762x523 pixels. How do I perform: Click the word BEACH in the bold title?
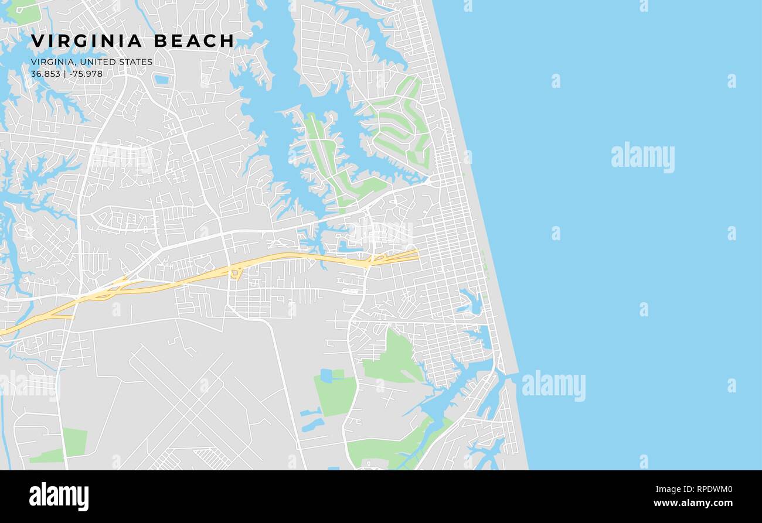[x=194, y=41]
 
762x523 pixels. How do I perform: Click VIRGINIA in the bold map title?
[x=87, y=41]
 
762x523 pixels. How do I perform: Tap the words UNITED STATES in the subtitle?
[x=116, y=62]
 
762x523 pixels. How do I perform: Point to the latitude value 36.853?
[x=45, y=74]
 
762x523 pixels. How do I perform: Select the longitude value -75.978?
[x=86, y=74]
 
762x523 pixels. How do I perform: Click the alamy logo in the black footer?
[x=59, y=495]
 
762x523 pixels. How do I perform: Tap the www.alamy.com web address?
[x=692, y=503]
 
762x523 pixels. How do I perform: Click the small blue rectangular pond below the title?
[x=162, y=79]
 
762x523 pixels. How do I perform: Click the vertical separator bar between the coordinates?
[x=64, y=74]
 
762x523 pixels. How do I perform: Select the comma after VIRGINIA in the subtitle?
[x=76, y=64]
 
